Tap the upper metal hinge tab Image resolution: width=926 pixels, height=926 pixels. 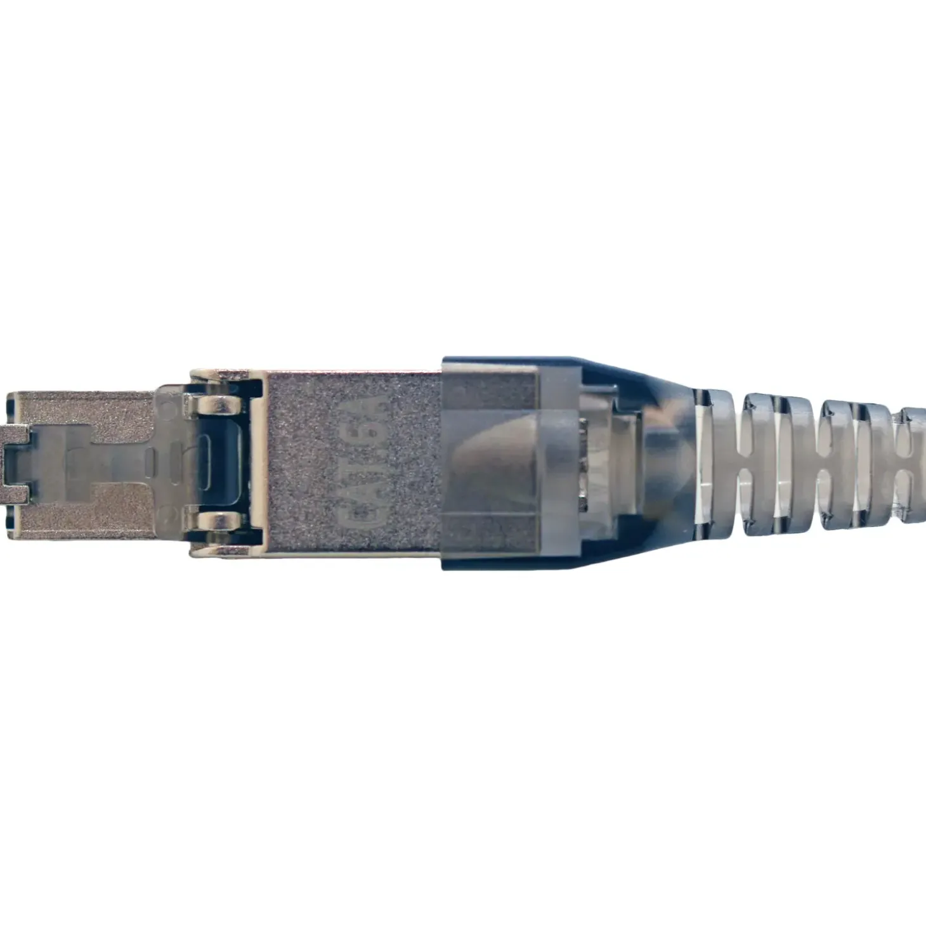(x=216, y=403)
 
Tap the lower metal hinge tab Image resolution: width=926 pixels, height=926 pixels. (x=216, y=521)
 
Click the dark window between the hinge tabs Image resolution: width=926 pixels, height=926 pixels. (x=219, y=462)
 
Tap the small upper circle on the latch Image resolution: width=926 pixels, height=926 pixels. (x=166, y=404)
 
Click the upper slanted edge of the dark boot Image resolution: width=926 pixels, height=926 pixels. (x=634, y=374)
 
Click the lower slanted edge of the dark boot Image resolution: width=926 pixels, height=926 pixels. (x=634, y=551)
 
